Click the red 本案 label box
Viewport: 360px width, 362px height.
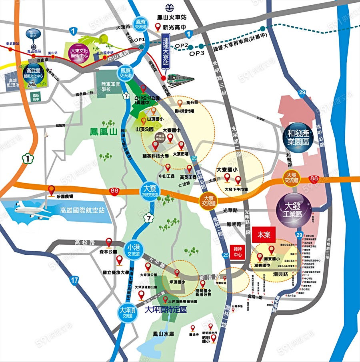click(264, 235)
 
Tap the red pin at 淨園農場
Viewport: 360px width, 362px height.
click(51, 189)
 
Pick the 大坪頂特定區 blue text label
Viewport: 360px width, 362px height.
click(166, 309)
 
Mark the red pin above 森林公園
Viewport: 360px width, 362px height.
click(108, 242)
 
